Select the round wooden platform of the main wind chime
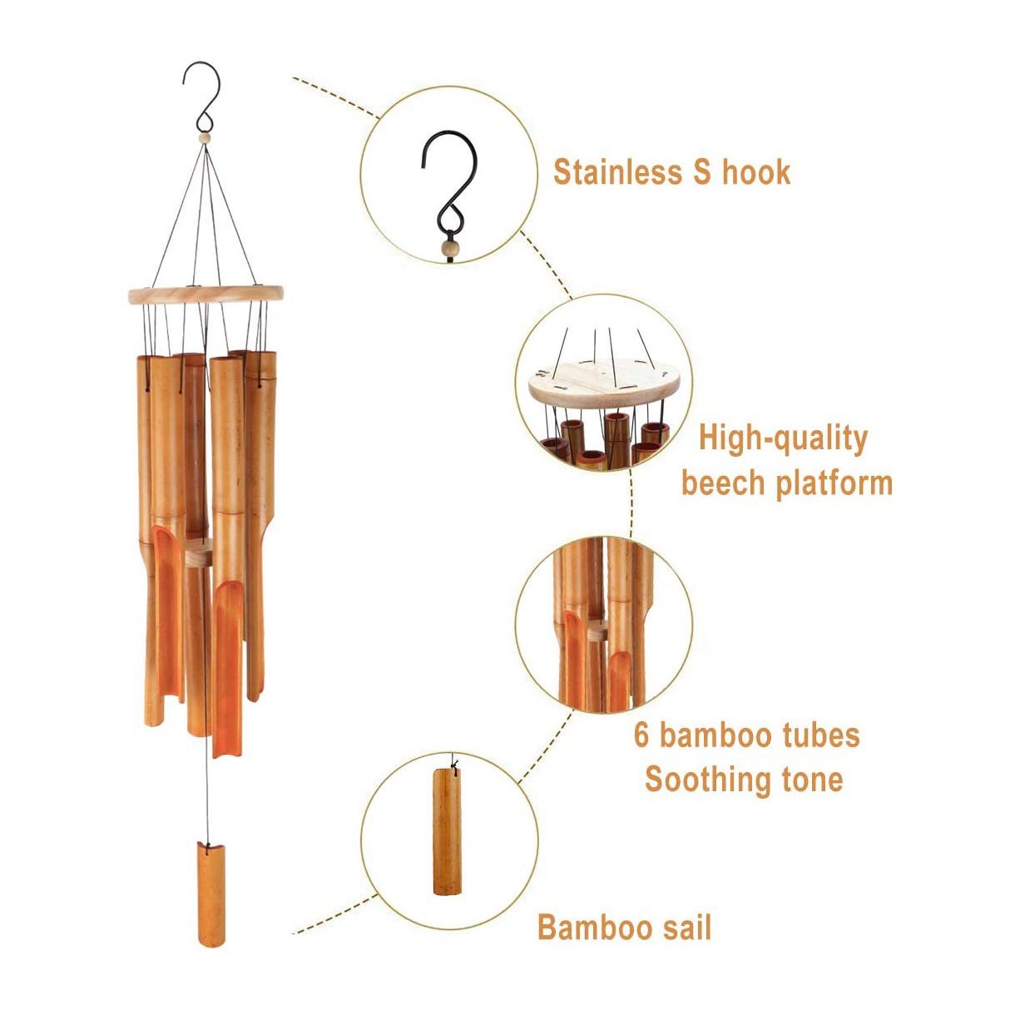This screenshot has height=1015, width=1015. (x=205, y=293)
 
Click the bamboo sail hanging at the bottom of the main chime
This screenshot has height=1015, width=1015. (x=210, y=894)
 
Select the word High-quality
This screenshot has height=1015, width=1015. (x=783, y=438)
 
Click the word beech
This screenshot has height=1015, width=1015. (x=722, y=483)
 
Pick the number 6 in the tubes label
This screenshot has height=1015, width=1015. (x=641, y=735)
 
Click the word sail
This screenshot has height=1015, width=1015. (x=685, y=927)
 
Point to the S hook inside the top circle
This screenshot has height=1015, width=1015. (x=449, y=183)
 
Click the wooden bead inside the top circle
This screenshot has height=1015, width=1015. (x=448, y=247)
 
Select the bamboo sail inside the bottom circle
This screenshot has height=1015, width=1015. (x=447, y=832)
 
